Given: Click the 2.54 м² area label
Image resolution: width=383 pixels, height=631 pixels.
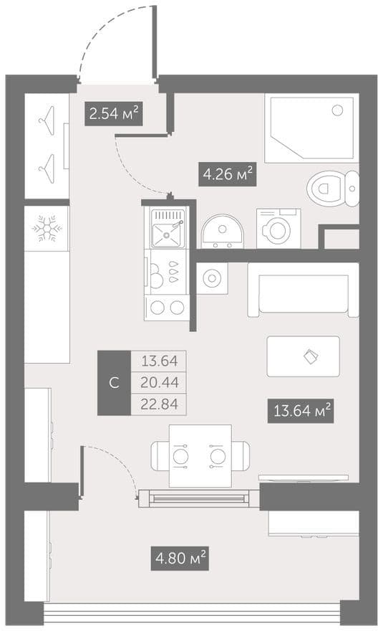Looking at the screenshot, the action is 114,114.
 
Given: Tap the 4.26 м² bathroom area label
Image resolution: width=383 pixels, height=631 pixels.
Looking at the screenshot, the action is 228,174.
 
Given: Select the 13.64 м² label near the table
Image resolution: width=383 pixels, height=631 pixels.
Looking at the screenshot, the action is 301,411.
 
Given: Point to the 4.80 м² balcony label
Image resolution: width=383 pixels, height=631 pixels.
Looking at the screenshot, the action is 180,558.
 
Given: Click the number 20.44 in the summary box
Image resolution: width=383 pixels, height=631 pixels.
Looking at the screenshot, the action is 159,382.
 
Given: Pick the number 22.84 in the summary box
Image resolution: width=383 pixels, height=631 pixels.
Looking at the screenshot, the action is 159,404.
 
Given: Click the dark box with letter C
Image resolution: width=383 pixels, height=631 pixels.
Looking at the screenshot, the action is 114,383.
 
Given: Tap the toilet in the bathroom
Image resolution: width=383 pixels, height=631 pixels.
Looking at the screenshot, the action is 333,188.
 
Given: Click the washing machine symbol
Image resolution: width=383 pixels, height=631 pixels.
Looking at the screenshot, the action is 278,228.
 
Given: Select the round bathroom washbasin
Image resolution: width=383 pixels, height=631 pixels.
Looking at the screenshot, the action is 222,232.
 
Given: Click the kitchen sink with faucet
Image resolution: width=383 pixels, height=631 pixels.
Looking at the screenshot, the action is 168,228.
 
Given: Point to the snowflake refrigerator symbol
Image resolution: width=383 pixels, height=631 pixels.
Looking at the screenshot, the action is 47,229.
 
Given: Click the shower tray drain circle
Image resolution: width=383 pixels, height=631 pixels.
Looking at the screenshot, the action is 337,110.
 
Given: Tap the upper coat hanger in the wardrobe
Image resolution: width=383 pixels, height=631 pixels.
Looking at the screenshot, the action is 47,118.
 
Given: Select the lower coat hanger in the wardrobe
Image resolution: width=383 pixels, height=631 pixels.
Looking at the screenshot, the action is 47,169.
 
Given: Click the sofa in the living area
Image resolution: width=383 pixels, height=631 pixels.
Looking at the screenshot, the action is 303,290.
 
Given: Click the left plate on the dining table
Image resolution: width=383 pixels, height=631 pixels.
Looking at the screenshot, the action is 180,456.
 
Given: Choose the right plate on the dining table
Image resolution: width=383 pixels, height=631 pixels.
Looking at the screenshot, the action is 218,456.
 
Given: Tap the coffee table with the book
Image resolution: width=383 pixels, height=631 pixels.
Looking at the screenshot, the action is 304,356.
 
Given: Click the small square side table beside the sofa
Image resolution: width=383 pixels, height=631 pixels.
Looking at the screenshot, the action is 212,278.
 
